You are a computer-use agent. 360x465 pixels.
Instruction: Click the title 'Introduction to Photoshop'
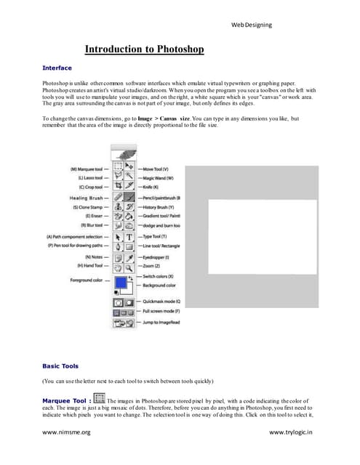[144, 49]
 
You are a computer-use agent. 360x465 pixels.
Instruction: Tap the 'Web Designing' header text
[252, 25]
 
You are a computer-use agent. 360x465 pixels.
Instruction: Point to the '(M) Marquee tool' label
[85, 167]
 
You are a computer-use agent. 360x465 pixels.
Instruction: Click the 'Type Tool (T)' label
[161, 237]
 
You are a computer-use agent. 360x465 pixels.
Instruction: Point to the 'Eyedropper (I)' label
[161, 257]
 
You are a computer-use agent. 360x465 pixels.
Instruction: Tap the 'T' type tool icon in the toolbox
[129, 237]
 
